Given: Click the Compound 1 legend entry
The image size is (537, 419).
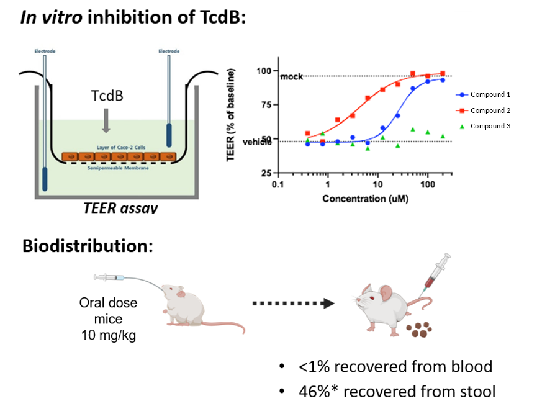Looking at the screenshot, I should point(490,94).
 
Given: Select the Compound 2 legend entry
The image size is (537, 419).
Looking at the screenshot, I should point(490,110).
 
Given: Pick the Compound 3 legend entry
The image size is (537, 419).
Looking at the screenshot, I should point(490,126).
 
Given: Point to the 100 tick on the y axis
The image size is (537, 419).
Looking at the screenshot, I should point(263,71).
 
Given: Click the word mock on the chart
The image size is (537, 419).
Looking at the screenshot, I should point(291,77).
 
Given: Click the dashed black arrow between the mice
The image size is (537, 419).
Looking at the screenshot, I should point(294,304).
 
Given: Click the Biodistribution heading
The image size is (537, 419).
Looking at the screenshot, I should point(88,246).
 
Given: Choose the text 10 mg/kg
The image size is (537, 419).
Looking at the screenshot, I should point(109,336).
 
